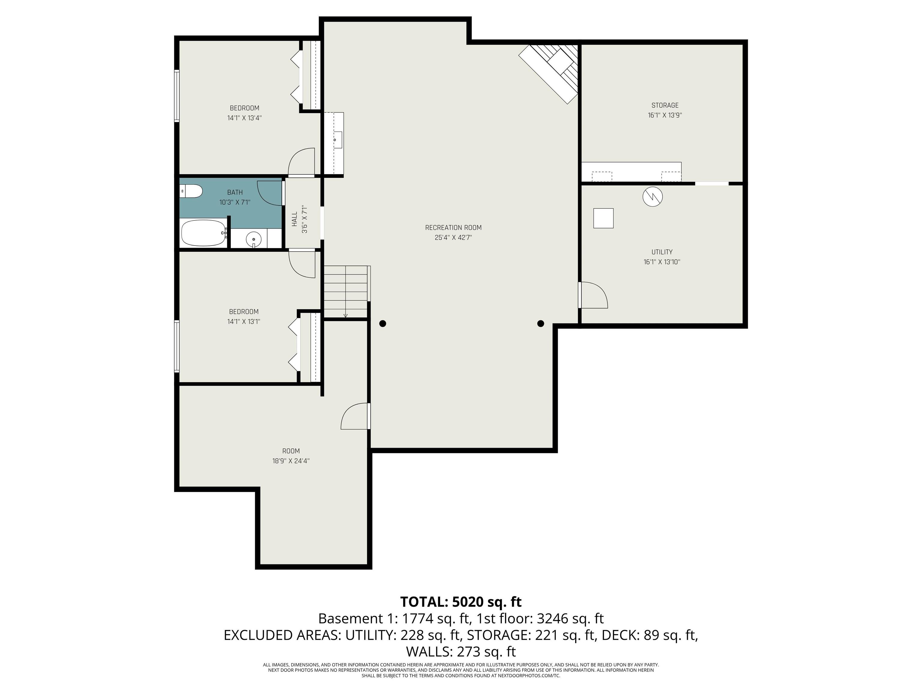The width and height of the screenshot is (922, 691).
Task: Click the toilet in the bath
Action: [192, 192]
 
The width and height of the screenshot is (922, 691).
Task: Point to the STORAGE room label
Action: [665, 105]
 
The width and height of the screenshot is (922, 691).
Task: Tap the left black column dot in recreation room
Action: [383, 324]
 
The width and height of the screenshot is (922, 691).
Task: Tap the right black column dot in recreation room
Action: [541, 324]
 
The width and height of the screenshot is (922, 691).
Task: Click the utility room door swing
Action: [594, 295]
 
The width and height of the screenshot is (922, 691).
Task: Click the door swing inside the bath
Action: [270, 193]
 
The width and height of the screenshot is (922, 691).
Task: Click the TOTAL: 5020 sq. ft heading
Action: [461, 602]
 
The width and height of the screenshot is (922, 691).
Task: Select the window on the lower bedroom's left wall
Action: [177, 346]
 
